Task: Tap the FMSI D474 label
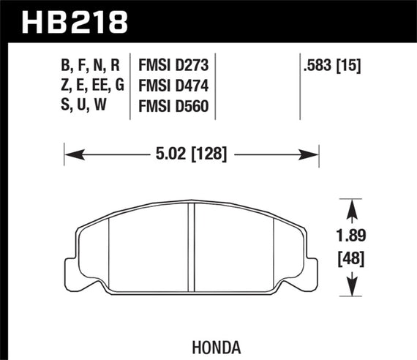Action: pyautogui.click(x=174, y=87)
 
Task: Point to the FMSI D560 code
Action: pyautogui.click(x=174, y=107)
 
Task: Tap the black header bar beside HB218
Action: pyautogui.click(x=278, y=23)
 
